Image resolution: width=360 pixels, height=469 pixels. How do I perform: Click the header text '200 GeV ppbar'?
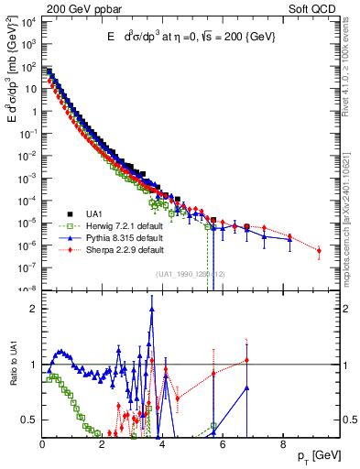(x=80, y=7)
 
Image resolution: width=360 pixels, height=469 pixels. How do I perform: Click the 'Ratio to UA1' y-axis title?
(x=12, y=376)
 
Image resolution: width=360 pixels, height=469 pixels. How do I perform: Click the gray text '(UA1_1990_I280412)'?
(x=190, y=274)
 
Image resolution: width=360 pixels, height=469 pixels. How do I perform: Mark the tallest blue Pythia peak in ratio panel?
(x=151, y=309)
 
